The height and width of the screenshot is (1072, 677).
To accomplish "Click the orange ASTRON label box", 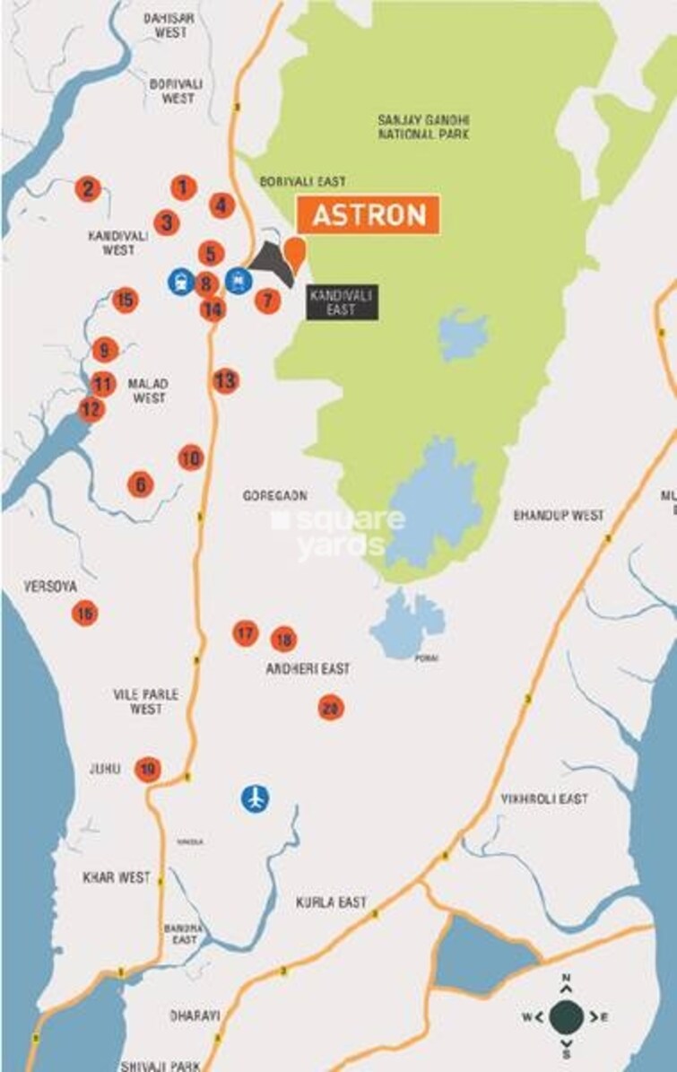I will click(x=368, y=215).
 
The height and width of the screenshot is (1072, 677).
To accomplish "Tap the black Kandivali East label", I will click(x=342, y=302).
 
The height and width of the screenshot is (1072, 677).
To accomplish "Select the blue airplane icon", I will click(x=256, y=797).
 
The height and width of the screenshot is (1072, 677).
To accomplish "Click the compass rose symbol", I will click(x=566, y=1016).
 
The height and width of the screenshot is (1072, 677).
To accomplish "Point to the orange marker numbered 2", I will click(x=87, y=189).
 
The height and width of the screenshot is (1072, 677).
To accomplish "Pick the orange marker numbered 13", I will click(x=225, y=381).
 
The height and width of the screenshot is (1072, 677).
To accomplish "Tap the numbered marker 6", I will click(x=140, y=484).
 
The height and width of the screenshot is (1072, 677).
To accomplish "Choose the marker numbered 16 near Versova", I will click(x=84, y=614).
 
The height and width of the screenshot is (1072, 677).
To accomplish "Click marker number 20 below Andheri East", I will click(x=331, y=708).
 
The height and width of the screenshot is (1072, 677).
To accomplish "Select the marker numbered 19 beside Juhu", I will click(x=148, y=770).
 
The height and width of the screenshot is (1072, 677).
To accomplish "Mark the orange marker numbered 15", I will click(x=126, y=300).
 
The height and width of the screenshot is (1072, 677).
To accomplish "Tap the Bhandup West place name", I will click(x=558, y=516).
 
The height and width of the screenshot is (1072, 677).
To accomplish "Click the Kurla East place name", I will click(x=332, y=902).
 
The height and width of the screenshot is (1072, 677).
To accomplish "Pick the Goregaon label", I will click(x=275, y=495).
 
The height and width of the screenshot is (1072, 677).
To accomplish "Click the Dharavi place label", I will click(x=195, y=1015).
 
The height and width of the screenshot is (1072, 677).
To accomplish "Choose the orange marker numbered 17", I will click(x=245, y=633).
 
